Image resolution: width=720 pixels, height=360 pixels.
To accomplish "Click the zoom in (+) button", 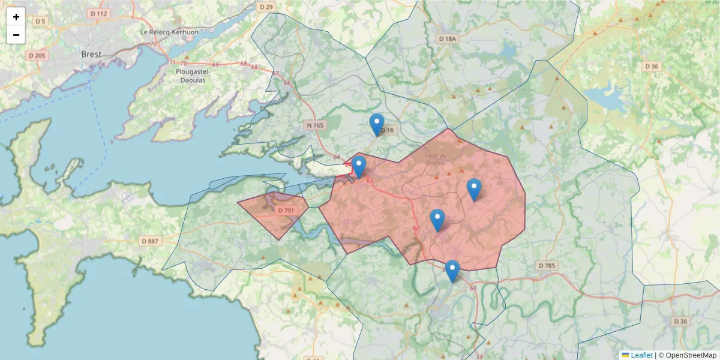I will [x=16, y=17].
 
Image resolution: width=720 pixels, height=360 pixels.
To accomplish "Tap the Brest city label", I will [x=91, y=54].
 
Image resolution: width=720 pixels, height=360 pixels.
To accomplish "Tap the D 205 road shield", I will [x=37, y=55].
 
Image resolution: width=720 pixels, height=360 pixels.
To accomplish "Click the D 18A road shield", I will [x=446, y=38].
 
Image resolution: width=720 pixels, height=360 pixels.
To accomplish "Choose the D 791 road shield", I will [x=286, y=211].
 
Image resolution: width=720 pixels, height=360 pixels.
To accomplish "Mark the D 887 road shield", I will [x=151, y=241].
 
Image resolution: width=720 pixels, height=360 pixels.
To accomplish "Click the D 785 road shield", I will [x=547, y=265].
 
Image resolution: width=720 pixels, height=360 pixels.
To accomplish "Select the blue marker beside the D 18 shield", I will [x=377, y=125].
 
